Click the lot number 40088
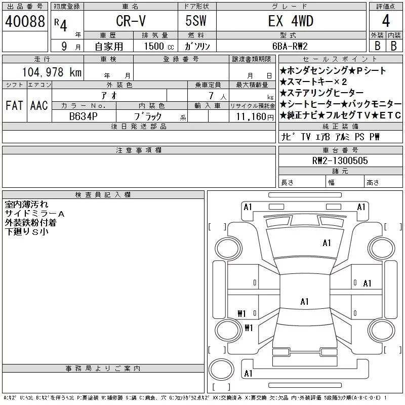25,21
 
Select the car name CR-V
131,21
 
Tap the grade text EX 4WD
291,21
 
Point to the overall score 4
386,21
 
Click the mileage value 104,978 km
52,72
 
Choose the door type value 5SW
196,21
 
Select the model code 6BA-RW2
290,46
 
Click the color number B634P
84,116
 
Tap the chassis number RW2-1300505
340,160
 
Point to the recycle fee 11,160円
255,117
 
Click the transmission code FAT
15,105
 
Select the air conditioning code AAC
39,105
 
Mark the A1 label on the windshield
327,243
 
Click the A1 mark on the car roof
305,301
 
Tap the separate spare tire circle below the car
221,369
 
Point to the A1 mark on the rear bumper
248,374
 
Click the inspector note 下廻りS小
27,232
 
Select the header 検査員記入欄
103,195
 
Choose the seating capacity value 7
211,96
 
